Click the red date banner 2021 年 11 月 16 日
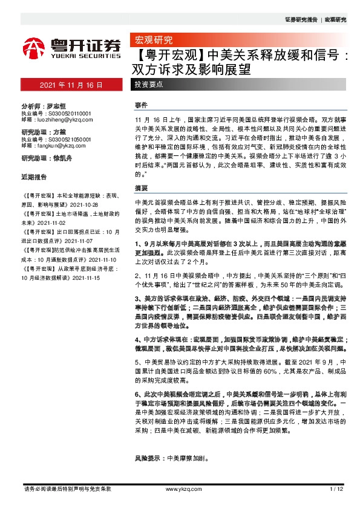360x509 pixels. pyautogui.click(x=71, y=85)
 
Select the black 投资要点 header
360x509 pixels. pyautogui.click(x=148, y=85)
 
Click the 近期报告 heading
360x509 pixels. pyautogui.click(x=34, y=178)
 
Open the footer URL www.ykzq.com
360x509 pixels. pyautogui.click(x=179, y=488)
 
